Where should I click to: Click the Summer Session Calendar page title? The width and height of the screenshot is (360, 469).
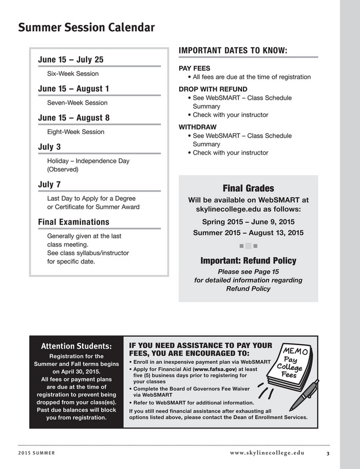86,28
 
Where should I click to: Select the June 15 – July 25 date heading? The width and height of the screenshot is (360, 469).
70,60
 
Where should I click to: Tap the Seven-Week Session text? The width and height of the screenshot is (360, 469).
77,103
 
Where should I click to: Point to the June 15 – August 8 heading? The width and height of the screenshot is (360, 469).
73,118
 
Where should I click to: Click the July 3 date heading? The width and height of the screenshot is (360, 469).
49,147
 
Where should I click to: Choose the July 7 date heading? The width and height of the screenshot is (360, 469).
49,184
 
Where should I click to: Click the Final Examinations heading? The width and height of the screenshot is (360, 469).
73,222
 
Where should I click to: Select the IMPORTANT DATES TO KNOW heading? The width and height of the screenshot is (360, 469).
233,50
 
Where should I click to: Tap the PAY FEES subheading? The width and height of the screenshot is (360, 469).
194,68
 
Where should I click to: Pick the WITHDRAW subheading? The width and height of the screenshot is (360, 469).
197,127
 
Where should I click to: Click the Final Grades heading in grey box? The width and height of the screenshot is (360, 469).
248,189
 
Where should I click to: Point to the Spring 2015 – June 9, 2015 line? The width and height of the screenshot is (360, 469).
248,221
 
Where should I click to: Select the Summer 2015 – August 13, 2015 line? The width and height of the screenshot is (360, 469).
248,233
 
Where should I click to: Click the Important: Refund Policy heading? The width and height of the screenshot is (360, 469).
248,260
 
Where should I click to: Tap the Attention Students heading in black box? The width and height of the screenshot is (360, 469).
76,346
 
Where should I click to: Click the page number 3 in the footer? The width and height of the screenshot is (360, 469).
328,453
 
